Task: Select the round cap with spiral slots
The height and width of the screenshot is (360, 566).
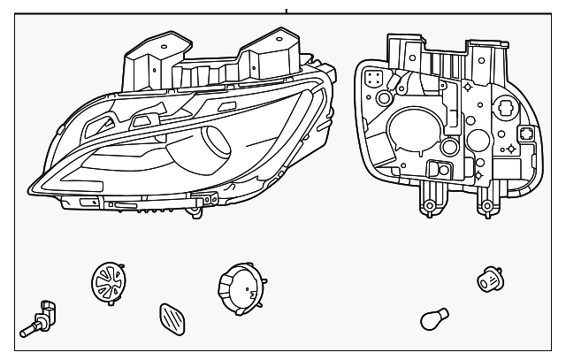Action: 107,282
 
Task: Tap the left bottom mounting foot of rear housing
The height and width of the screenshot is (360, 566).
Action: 428,205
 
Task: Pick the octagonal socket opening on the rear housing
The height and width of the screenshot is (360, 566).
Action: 524,134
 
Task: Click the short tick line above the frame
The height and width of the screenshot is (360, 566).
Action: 287,9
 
